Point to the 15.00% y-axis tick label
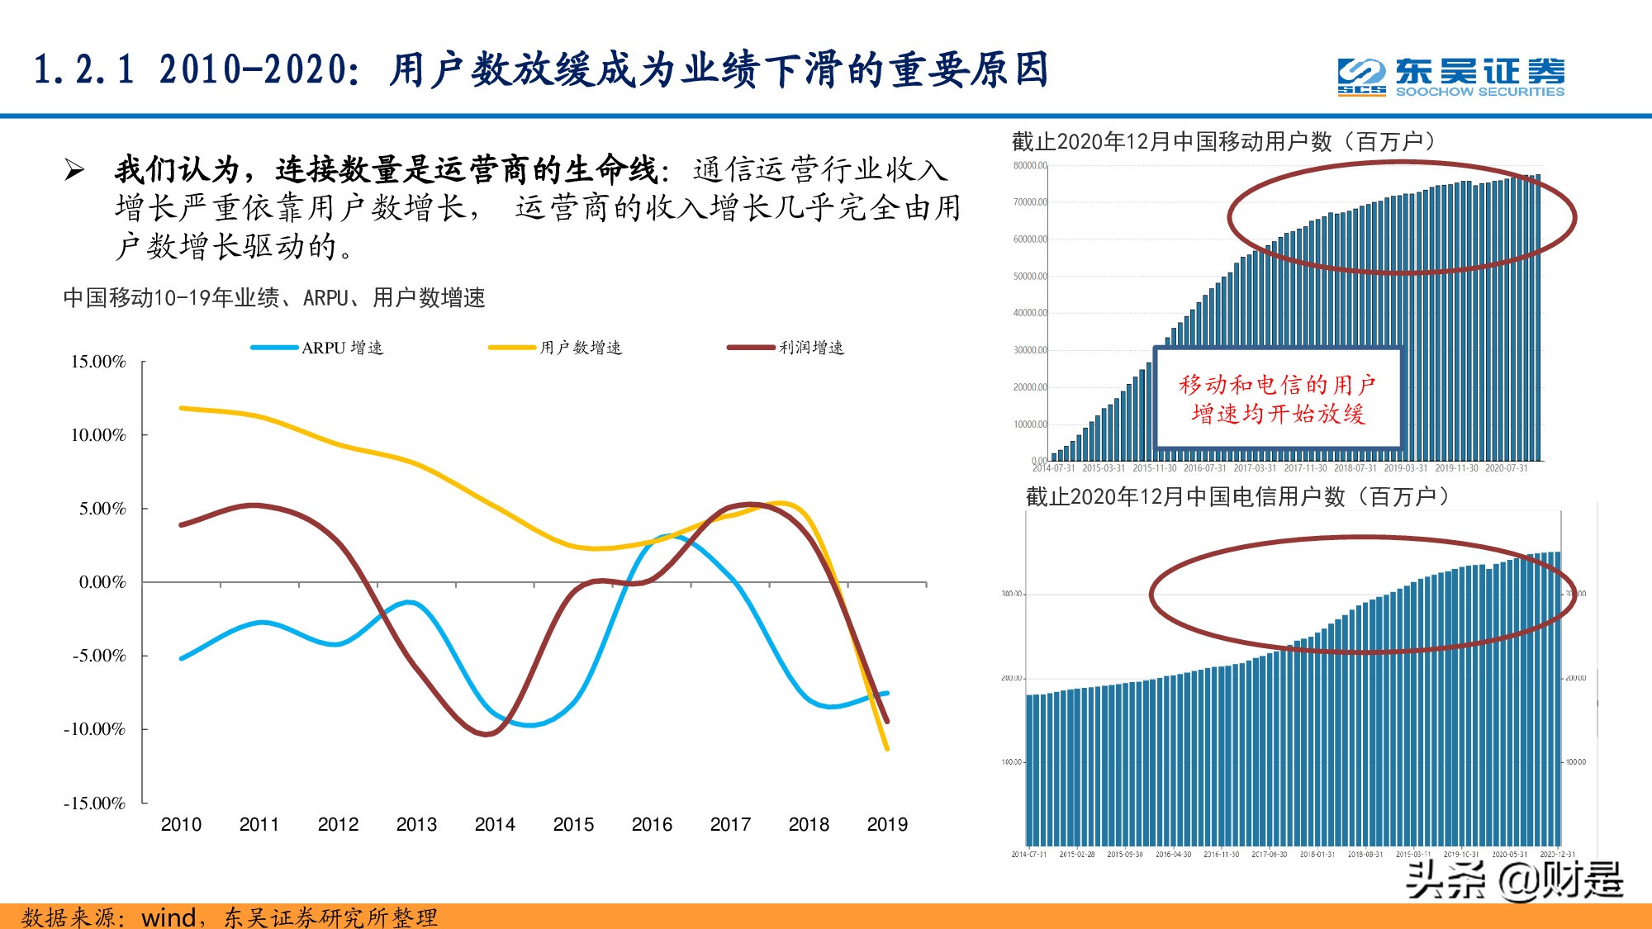pos(98,362)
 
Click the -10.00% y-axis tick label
pos(95,729)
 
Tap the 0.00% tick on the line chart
pos(102,582)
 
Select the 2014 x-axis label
pos(495,824)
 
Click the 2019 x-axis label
pos(887,824)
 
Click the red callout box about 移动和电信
pos(1277,398)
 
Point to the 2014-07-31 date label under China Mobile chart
pos(1054,468)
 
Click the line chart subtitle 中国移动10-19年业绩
pos(273,297)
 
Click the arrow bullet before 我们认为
pos(74,170)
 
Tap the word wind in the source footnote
pos(168,917)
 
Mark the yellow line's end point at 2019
pos(887,749)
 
